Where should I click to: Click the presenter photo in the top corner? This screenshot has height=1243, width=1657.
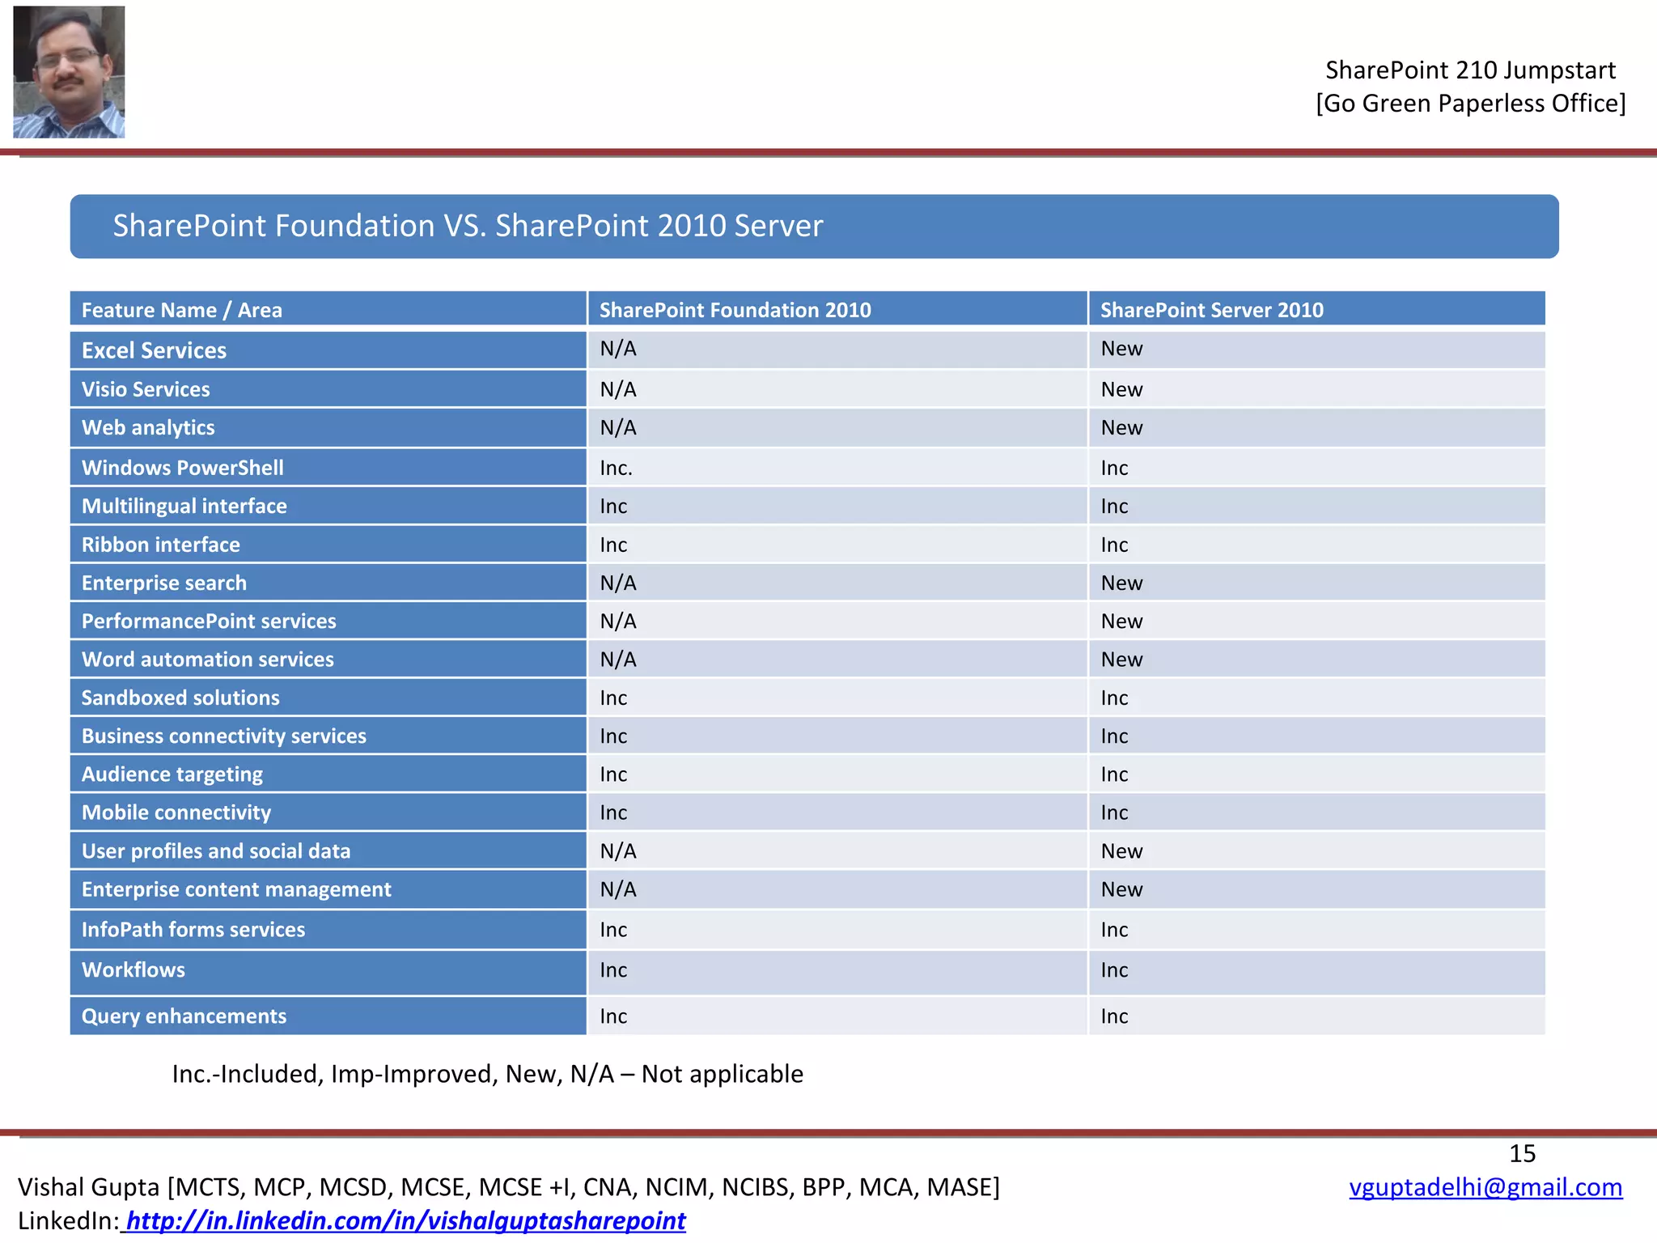69,72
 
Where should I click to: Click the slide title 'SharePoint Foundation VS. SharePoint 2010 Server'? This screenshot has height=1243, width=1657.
468,226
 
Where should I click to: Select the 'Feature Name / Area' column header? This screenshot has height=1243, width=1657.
182,310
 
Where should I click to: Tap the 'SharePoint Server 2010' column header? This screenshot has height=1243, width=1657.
1211,310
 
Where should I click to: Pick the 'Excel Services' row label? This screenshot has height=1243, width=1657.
154,350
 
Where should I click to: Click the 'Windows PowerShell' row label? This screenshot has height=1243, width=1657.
183,468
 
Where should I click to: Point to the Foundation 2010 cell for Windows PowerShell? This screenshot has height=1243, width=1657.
617,468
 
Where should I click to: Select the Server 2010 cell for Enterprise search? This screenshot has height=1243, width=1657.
1121,583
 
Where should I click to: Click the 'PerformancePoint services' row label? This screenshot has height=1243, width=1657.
209,621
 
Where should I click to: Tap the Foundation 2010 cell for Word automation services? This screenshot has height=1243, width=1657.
618,660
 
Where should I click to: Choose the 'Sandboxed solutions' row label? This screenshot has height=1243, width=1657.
180,698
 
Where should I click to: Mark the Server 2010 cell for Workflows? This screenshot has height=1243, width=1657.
1114,969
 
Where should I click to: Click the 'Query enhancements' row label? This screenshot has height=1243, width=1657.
184,1016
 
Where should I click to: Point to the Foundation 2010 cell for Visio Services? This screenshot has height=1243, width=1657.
618,389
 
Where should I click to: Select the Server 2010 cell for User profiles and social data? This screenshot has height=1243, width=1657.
1121,851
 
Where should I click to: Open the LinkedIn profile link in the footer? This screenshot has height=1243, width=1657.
405,1220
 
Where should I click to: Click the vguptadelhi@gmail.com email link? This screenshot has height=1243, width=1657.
1485,1187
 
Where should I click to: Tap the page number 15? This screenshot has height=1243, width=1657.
1522,1153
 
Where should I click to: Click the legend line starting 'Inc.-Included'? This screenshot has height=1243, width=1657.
487,1074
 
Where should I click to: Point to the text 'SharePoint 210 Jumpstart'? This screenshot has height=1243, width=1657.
1470,70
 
